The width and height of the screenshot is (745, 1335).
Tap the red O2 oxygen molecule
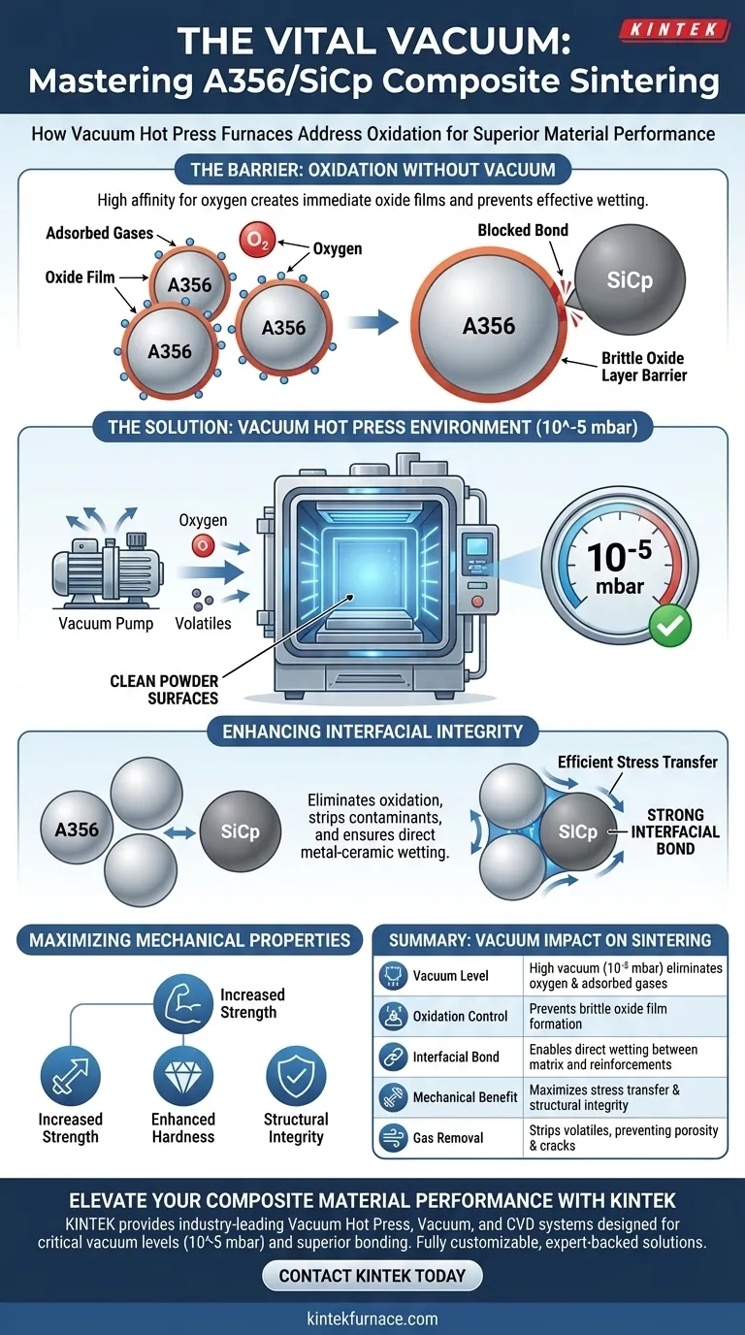[256, 239]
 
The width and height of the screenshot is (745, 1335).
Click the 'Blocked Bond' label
[524, 230]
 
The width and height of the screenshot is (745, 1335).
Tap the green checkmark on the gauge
[670, 628]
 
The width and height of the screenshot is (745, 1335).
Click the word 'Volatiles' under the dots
[204, 623]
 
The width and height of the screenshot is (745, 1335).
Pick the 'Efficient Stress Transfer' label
[637, 762]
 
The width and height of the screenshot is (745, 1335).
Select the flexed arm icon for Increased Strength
[183, 1004]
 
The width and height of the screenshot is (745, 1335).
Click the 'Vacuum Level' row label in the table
[450, 976]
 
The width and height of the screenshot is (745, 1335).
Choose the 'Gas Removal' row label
[448, 1138]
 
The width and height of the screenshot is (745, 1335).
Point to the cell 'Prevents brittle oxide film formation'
[598, 1016]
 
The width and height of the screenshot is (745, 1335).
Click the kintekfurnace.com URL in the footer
[372, 1319]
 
